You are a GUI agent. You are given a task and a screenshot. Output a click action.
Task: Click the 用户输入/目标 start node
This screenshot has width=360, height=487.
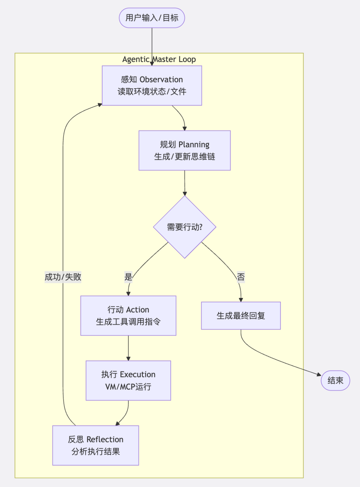[152, 18]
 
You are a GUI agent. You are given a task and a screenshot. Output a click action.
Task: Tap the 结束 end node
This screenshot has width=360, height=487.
[335, 380]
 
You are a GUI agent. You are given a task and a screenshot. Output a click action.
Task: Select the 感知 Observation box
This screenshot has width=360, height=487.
[152, 86]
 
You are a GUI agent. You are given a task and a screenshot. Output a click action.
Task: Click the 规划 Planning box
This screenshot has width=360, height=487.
[185, 150]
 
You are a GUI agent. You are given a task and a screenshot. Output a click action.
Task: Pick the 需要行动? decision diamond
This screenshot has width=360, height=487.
[185, 227]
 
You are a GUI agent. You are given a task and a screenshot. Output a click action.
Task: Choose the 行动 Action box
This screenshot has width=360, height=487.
[128, 316]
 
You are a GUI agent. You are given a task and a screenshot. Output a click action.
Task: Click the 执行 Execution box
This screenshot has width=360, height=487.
[128, 380]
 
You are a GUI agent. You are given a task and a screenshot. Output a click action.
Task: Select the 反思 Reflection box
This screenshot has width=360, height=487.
[96, 445]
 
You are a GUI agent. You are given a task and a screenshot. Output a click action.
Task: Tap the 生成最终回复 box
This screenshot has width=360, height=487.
[241, 316]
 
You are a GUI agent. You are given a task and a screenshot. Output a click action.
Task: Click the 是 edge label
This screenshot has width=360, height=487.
[128, 277]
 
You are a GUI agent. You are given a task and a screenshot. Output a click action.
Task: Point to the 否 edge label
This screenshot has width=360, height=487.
[241, 277]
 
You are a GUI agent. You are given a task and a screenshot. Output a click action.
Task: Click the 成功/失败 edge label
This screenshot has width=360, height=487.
[63, 277]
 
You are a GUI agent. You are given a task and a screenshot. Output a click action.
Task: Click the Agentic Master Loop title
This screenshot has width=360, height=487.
[159, 59]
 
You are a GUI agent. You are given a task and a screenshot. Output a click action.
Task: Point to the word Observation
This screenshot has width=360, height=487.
[161, 80]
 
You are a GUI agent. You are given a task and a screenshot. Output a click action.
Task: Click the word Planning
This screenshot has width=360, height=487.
[194, 145]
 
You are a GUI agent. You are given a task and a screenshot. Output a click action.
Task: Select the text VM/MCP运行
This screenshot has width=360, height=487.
[128, 387]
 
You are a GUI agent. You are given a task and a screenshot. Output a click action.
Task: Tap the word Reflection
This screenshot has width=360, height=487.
[105, 439]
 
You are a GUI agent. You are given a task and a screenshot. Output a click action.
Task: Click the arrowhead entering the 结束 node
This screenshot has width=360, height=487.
[319, 375]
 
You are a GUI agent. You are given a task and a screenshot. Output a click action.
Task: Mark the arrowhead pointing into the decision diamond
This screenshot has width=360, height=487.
[185, 194]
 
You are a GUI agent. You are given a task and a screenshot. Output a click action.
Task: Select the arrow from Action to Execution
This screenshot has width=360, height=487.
[128, 348]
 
